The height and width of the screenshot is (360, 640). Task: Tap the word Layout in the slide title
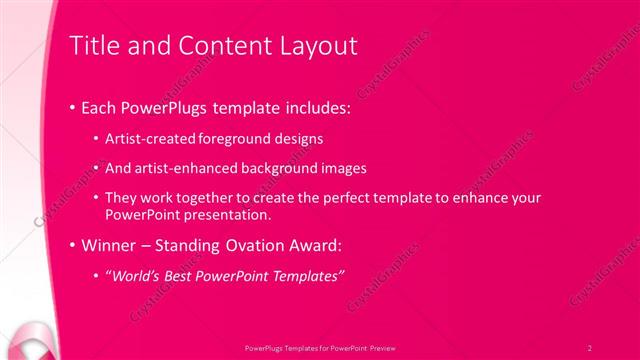tap(320, 45)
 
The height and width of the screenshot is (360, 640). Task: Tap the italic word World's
tap(135, 274)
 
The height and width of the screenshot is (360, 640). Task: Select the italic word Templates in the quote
tap(308, 274)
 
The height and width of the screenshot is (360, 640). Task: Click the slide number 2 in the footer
tap(590, 347)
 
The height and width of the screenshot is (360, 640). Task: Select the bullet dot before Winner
tap(72, 244)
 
